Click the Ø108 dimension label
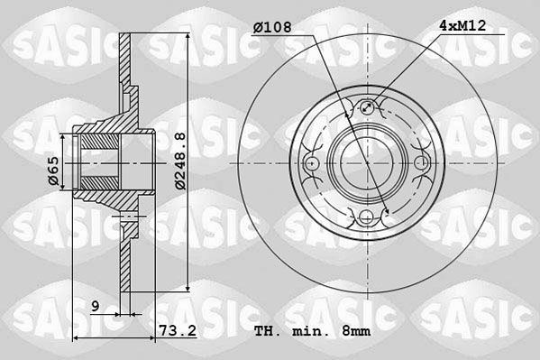click(272, 27)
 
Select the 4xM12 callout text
click(462, 26)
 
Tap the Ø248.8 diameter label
click(180, 161)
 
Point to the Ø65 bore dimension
click(53, 171)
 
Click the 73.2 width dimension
click(178, 331)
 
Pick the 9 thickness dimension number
click(96, 306)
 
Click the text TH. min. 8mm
click(312, 331)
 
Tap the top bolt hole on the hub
click(367, 107)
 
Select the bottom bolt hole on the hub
click(366, 217)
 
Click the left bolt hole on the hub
click(311, 162)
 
